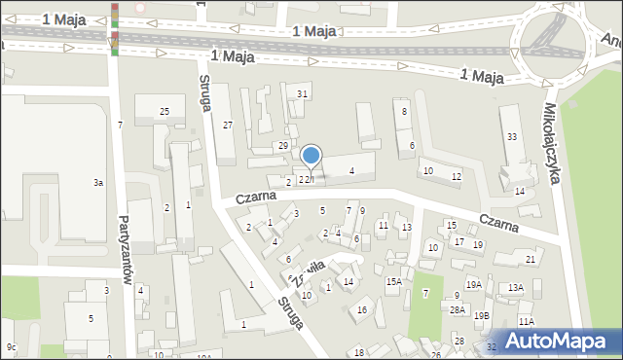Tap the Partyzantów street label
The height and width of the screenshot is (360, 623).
point(125,248)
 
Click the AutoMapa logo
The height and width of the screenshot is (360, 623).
point(559,340)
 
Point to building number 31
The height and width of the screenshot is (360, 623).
point(303,93)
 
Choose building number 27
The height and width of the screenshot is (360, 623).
point(228,125)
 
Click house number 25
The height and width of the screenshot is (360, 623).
point(165,112)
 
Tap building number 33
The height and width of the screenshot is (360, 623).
point(512,136)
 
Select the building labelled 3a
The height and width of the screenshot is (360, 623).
point(97,183)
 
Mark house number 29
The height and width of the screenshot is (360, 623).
point(283,145)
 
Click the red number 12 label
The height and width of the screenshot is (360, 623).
point(457,176)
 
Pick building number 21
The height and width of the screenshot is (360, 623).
point(531,259)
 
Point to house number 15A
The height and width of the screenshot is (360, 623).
point(393,282)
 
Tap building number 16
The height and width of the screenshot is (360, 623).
point(362,309)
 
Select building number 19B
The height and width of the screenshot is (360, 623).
point(482,315)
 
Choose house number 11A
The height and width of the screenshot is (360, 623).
point(527,321)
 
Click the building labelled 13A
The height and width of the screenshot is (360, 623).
point(516,287)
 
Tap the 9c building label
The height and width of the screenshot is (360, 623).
point(11,347)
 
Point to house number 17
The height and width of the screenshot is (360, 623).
point(459,241)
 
